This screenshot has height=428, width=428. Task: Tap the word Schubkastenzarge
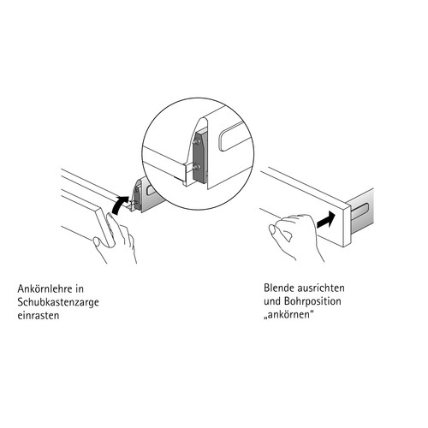58,302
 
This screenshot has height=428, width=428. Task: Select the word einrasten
39,316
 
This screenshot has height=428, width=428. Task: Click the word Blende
279,288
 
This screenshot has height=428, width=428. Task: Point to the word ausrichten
321,288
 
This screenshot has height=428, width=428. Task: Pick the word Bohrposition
312,302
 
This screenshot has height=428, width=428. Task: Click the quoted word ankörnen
288,315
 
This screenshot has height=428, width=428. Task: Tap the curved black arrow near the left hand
120,205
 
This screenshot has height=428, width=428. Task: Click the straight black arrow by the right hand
325,219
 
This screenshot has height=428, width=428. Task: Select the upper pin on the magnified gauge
197,141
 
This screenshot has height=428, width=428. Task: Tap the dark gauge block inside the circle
199,156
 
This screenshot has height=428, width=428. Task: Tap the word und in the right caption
272,301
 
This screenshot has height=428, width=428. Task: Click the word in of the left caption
80,288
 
